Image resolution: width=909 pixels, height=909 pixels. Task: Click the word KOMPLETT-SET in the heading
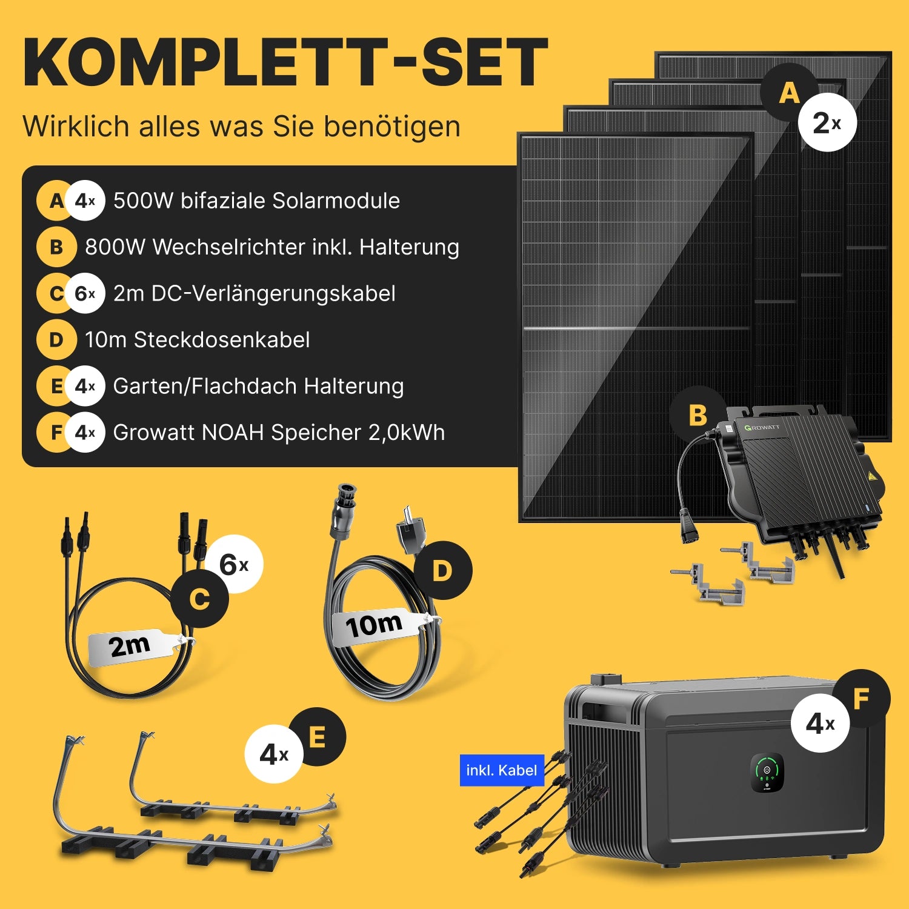pos(285,63)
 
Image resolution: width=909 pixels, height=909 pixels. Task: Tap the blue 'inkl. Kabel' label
pos(502,770)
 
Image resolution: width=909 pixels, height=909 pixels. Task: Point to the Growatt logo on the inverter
pos(762,427)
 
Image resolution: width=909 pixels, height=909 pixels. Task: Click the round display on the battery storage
pos(767,772)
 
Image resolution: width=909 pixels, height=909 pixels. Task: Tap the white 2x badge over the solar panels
pos(827,123)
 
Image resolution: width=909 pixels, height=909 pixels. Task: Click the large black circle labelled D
pos(442,570)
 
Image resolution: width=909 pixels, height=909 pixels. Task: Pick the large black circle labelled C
pos(199,599)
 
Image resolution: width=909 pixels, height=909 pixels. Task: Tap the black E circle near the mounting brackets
pos(317,738)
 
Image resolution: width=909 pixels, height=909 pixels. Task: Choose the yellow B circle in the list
pos(56,247)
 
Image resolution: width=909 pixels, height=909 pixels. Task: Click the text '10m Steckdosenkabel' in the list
pos(198,340)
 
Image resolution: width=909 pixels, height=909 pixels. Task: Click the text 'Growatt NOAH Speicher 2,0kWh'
pos(279,433)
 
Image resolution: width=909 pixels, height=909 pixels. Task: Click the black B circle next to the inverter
pos(698,415)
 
